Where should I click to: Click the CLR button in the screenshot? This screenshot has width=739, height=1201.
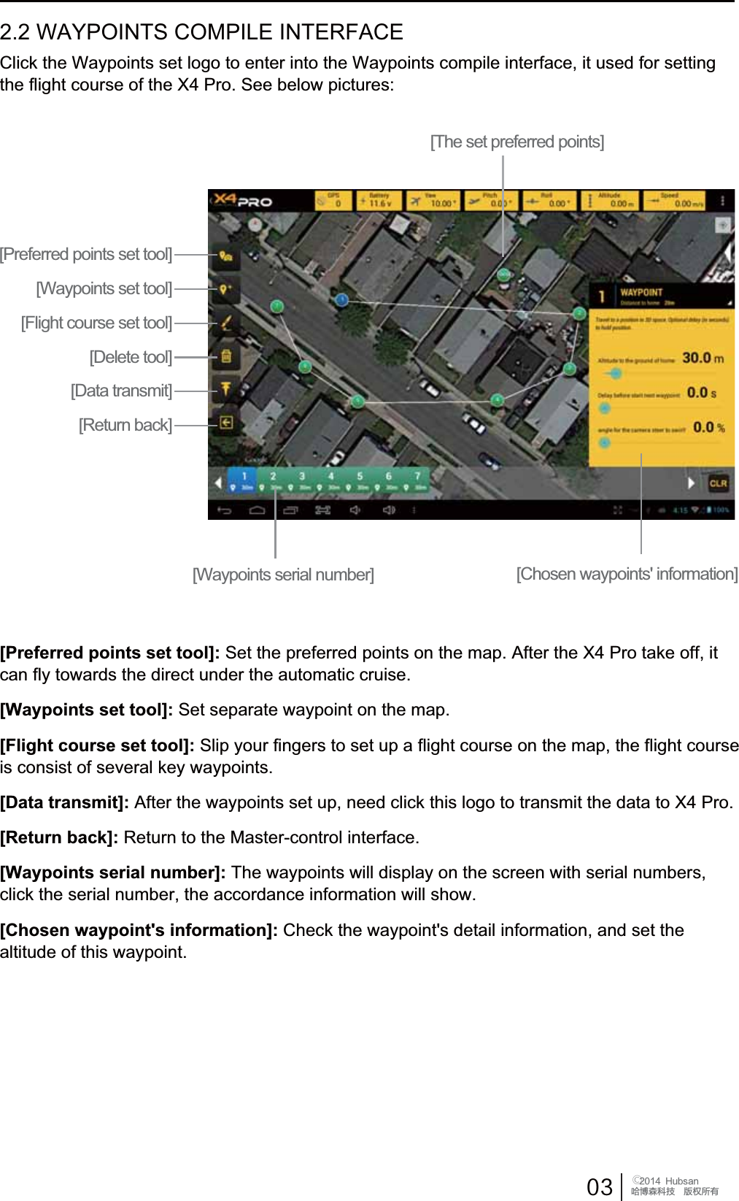(x=718, y=483)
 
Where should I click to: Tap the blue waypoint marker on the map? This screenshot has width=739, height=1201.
(x=341, y=299)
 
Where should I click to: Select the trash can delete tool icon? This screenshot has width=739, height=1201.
(x=226, y=356)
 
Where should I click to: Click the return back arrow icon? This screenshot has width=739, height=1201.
(x=226, y=423)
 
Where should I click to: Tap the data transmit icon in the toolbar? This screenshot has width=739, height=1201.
(x=226, y=388)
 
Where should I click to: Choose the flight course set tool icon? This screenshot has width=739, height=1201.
(x=226, y=322)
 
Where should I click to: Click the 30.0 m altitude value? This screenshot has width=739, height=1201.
(x=703, y=358)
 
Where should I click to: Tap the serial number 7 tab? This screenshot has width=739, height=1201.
(x=417, y=480)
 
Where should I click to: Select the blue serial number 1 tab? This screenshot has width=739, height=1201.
(x=244, y=480)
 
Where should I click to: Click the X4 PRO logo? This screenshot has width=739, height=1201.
(x=243, y=200)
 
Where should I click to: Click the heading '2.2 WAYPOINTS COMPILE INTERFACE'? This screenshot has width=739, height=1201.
(x=201, y=32)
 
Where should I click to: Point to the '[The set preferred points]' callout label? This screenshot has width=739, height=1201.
(x=516, y=142)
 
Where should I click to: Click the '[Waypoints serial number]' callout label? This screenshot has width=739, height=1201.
(x=283, y=575)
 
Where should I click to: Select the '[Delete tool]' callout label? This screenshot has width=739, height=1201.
(x=131, y=357)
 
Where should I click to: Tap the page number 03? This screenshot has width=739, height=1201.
(x=599, y=1186)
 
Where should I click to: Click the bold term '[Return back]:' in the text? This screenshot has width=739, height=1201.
(x=59, y=837)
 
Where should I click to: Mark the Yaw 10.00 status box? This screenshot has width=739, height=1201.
(x=433, y=200)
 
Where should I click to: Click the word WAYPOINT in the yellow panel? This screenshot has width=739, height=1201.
(x=641, y=292)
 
